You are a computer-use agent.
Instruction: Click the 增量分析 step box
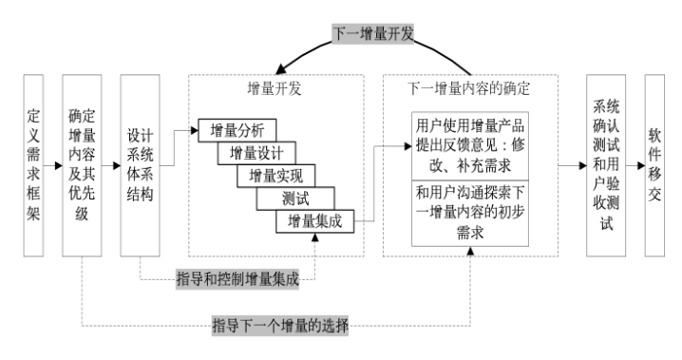coord(237,128)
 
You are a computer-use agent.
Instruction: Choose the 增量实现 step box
coord(275,175)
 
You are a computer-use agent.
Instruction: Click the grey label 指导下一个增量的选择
coord(281,326)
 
